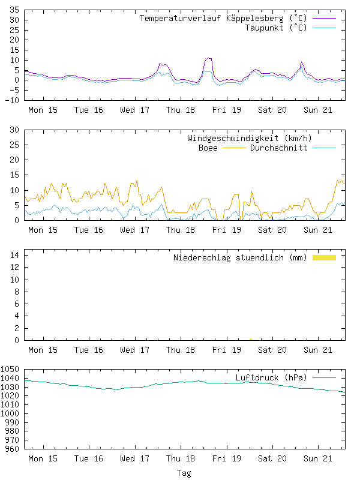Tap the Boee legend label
[208, 148]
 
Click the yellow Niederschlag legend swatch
[324, 257]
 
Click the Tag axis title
[184, 473]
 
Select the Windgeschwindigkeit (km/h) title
[250, 139]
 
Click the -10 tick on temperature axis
[12, 100]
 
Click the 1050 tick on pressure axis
[11, 370]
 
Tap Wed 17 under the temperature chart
[135, 110]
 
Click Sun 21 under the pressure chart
[318, 458]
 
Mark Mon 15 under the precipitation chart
[43, 350]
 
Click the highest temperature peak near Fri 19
[208, 58]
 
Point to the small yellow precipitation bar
[250, 339]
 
